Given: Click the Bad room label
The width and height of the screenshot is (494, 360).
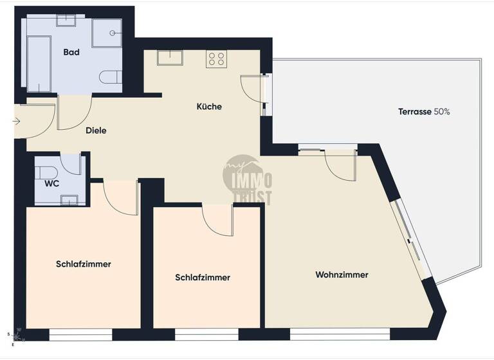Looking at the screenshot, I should click(71, 52).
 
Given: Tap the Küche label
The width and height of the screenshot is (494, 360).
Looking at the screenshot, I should click(209, 106).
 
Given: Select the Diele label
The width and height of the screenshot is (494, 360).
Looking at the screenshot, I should click(96, 130).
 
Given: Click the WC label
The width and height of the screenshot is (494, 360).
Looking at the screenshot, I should click(52, 183).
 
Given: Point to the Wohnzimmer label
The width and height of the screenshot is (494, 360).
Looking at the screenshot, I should click(342, 274).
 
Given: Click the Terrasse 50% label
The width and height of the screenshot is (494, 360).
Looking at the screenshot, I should click(424, 111).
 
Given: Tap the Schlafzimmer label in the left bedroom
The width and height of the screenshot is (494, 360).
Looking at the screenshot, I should click(83, 264).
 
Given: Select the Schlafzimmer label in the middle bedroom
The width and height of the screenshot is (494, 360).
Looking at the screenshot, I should click(203, 278).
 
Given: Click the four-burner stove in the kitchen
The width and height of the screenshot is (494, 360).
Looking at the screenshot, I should click(217, 59).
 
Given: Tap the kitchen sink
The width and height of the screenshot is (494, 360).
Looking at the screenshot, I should click(170, 58).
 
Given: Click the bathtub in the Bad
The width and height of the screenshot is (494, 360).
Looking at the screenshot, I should click(39, 63).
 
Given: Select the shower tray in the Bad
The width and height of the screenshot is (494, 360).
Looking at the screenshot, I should click(107, 33).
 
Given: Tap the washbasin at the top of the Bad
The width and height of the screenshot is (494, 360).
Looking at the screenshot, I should click(66, 21).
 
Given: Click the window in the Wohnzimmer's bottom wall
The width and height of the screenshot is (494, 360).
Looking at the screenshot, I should click(340, 334).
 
